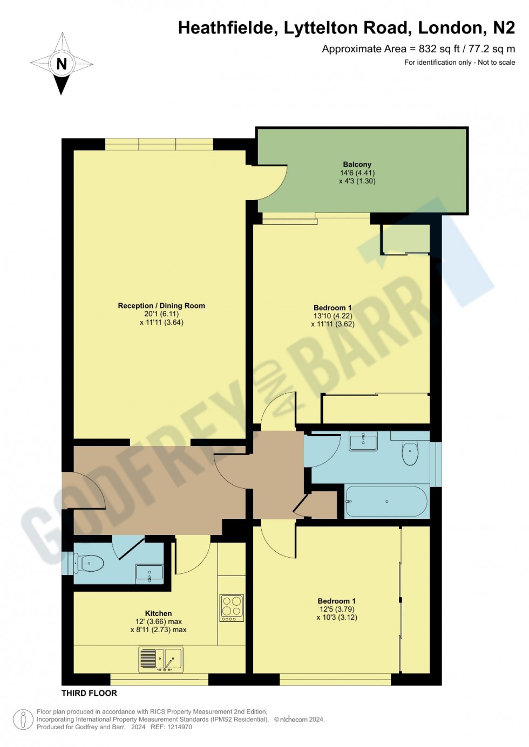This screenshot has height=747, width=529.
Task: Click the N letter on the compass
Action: [x=62, y=64]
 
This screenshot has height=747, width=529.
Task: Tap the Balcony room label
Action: [x=357, y=165]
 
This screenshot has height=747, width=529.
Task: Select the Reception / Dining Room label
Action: [x=161, y=306]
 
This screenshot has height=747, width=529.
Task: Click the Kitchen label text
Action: [x=158, y=613]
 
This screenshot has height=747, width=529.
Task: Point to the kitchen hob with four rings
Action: [x=232, y=608]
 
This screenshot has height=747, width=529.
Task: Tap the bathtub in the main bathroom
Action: [x=386, y=502]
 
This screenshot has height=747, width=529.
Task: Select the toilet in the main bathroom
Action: [x=410, y=453]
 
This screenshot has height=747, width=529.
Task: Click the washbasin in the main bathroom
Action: [x=363, y=442]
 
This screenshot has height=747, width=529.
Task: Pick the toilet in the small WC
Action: [x=90, y=564]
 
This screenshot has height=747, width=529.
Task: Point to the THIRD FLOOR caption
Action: [x=89, y=693]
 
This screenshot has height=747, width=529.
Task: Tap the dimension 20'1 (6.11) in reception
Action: [x=161, y=314]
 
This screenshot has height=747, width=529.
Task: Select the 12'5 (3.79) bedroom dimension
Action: [x=337, y=609]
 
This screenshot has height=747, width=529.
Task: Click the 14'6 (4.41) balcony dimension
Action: [x=357, y=173]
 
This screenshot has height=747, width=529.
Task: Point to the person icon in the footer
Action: [x=23, y=719]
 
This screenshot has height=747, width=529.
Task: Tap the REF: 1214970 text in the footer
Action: [x=171, y=727]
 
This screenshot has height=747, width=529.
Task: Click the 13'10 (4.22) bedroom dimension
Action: [x=333, y=316]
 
